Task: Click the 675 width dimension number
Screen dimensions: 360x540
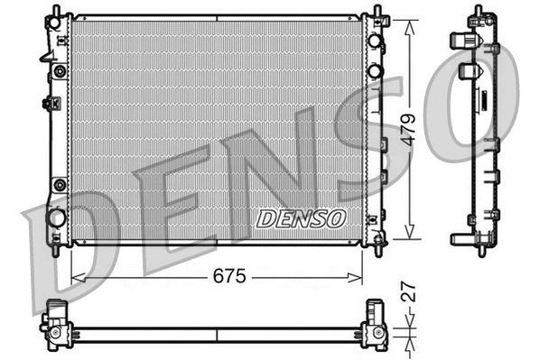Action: pos(230,277)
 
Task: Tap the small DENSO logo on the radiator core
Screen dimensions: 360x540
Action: pos(301,217)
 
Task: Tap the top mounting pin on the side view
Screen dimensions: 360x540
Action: pos(473,12)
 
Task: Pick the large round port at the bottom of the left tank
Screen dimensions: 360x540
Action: pos(57,217)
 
